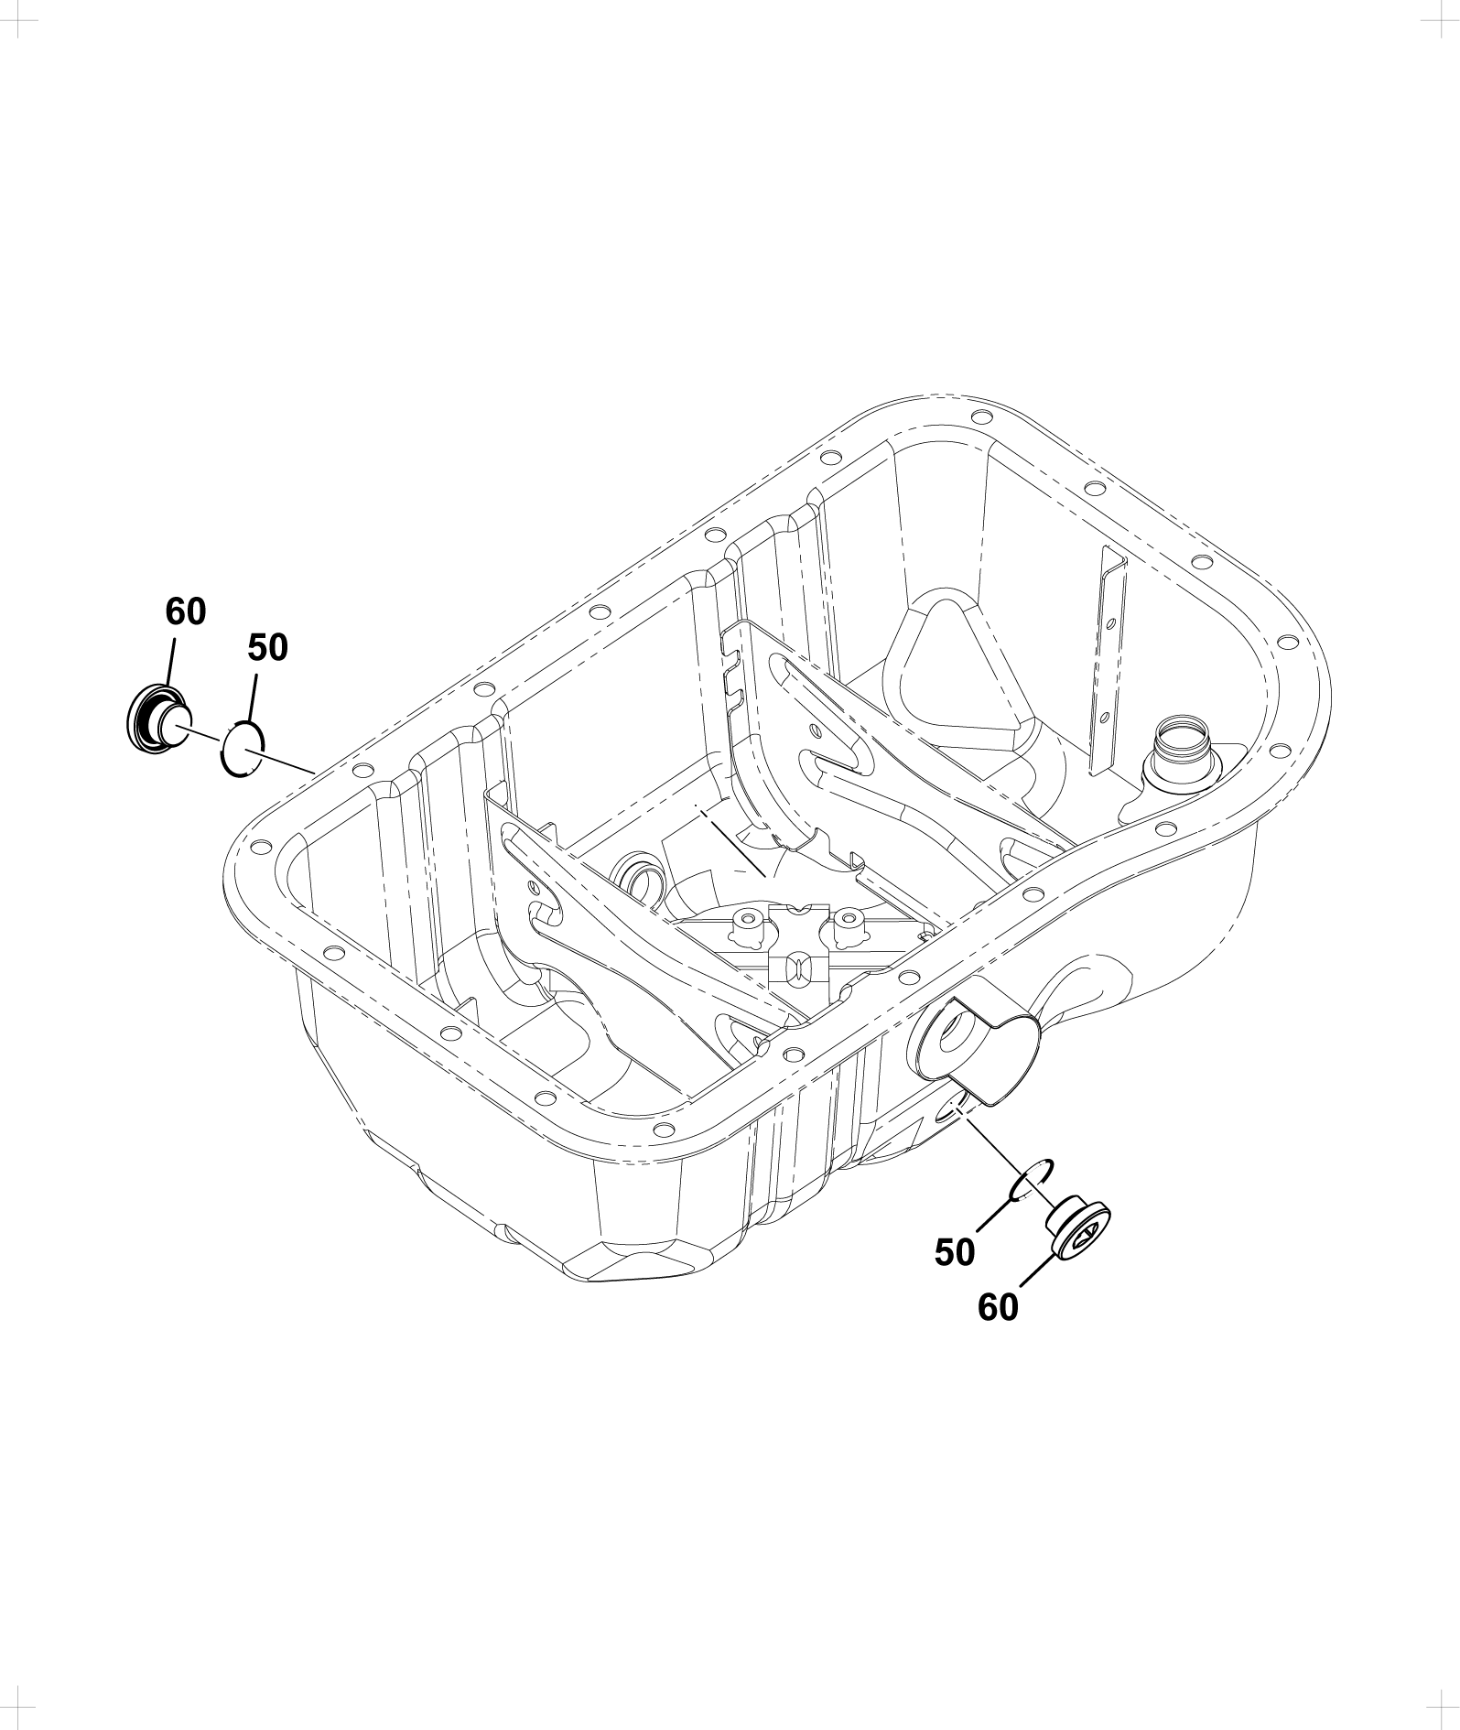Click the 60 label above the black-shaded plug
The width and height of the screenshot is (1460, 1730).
[x=186, y=611]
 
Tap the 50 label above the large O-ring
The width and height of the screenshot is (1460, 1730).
[x=267, y=647]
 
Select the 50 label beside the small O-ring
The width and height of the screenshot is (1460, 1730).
[x=955, y=1253]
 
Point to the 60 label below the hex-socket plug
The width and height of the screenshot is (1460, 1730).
[x=998, y=1308]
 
